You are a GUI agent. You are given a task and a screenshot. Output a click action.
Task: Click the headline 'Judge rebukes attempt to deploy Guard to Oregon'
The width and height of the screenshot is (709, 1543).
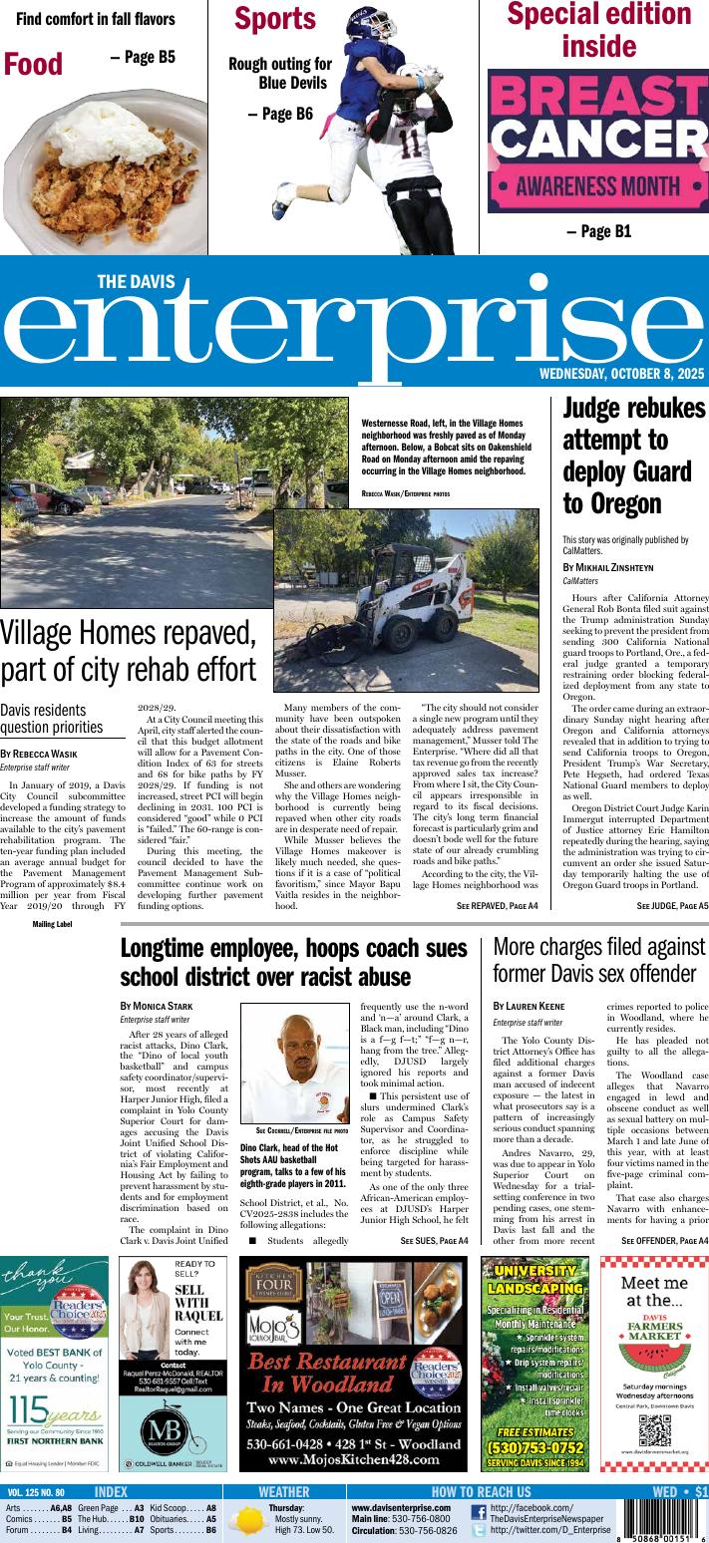pyautogui.click(x=634, y=456)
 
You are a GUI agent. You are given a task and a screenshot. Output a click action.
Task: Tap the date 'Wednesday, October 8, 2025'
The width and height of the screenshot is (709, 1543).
pyautogui.click(x=622, y=374)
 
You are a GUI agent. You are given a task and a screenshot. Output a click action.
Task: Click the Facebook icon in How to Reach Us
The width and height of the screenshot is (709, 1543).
pyautogui.click(x=478, y=1511)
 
